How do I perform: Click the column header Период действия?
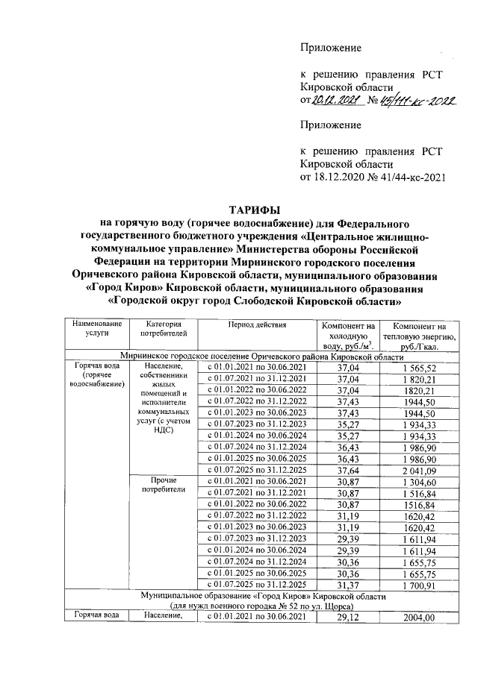point(258,325)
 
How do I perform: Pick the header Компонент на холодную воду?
point(347,336)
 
